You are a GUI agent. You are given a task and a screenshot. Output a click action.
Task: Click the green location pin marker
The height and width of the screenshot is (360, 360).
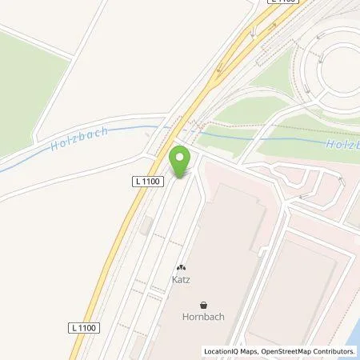click(180, 158)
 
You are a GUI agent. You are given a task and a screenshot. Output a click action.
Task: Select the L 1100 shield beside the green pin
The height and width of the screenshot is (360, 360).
click(148, 182)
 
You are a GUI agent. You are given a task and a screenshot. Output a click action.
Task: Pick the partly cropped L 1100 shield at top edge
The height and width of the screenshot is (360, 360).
click(282, 3)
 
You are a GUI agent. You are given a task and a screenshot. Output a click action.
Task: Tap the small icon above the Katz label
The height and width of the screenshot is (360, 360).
click(181, 268)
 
